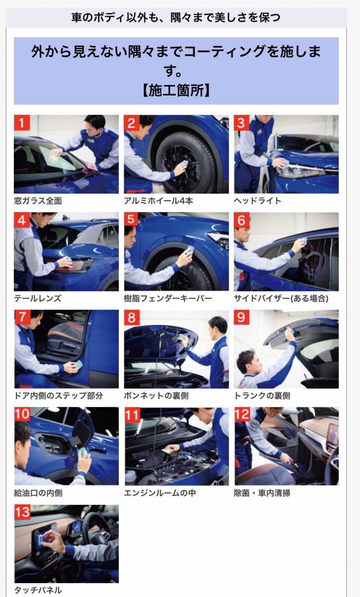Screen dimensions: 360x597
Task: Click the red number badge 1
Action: (x=22, y=122)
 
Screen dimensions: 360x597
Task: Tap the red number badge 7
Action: (x=22, y=317)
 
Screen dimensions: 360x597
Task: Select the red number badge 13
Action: (x=22, y=512)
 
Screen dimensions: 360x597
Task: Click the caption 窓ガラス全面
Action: (x=38, y=200)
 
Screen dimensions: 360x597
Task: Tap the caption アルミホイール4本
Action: (x=159, y=200)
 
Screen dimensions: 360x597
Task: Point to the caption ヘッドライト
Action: (x=258, y=200)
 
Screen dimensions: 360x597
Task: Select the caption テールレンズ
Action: (x=38, y=298)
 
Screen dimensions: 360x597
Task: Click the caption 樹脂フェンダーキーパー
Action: (x=168, y=298)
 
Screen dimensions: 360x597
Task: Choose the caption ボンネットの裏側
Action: (x=156, y=396)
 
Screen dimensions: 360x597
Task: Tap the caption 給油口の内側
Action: (x=38, y=493)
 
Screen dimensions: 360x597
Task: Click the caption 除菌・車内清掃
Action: (x=262, y=493)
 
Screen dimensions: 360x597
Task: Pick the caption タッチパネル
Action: (x=38, y=590)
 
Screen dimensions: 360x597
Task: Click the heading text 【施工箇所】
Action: (x=176, y=91)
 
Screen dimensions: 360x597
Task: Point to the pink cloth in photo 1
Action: (x=90, y=170)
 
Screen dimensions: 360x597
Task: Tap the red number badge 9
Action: (x=242, y=317)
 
